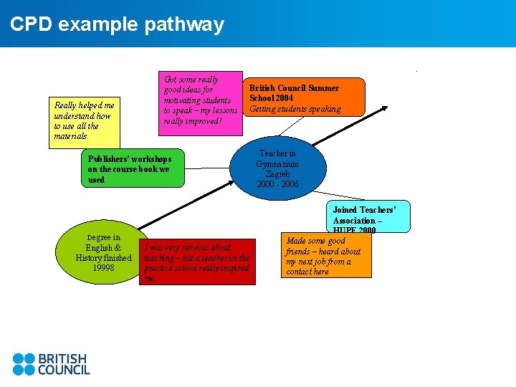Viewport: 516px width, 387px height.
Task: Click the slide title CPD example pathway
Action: pos(117,24)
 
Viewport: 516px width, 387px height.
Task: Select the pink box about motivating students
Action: pos(200,100)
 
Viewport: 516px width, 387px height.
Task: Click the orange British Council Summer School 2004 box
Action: pos(305,97)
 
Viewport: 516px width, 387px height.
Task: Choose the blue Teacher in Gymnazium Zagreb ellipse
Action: pos(278,168)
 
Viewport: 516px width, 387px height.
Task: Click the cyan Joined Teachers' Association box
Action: pos(371,216)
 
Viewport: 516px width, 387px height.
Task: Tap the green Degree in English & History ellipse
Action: pos(104,252)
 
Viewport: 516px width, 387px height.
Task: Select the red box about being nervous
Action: pos(197,262)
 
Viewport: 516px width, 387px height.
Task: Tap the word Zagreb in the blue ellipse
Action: pos(278,174)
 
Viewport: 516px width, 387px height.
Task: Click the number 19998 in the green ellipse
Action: pos(104,268)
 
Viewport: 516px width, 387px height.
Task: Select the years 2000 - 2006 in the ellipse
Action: pos(278,185)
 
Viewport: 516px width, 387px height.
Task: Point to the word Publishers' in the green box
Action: pos(107,158)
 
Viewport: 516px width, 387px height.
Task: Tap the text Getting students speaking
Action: pos(295,109)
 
